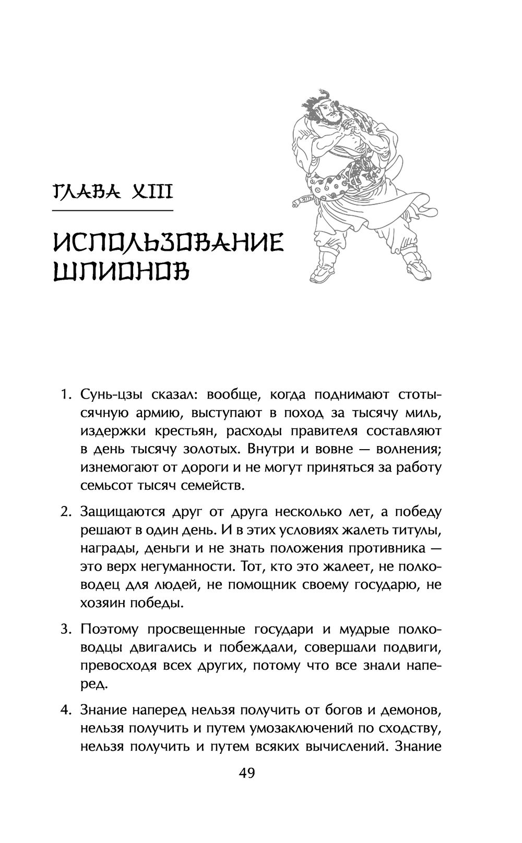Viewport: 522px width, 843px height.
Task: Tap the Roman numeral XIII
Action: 148,193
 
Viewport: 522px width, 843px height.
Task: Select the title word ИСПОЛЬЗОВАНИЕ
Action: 168,243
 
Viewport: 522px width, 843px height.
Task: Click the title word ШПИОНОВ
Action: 122,274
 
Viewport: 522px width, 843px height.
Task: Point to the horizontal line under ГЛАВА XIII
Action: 113,210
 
